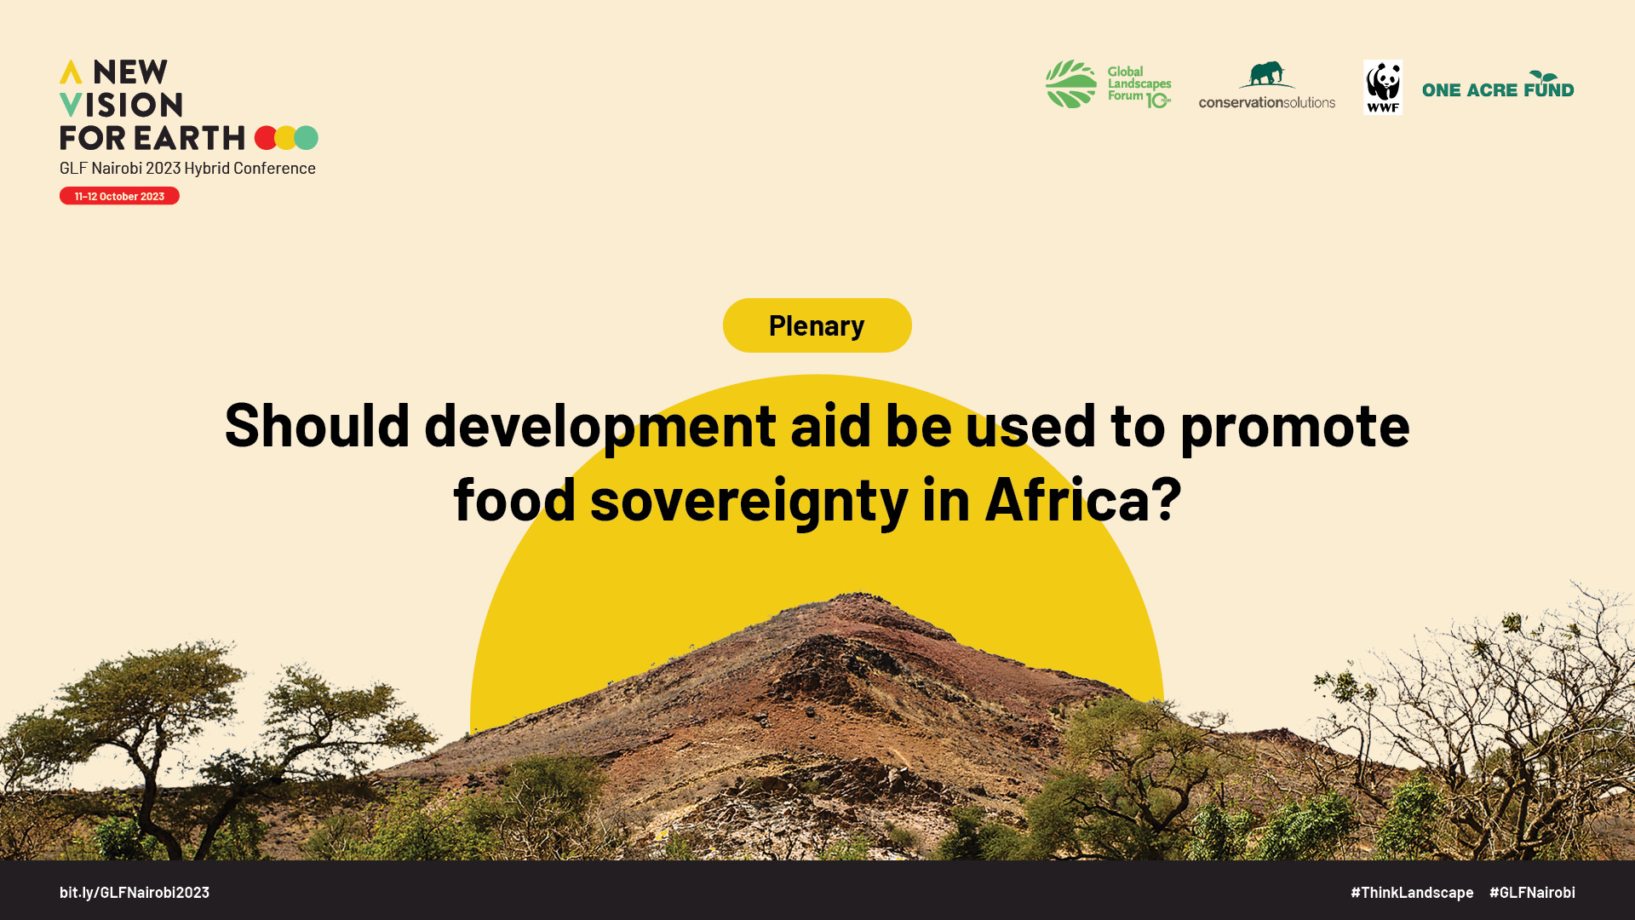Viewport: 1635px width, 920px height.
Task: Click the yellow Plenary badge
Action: (817, 325)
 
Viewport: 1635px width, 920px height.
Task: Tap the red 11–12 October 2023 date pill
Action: (119, 196)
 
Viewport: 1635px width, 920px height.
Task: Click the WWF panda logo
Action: (1383, 87)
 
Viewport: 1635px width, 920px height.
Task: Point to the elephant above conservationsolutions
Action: (1267, 74)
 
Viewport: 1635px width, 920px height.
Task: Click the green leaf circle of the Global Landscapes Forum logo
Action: (1071, 83)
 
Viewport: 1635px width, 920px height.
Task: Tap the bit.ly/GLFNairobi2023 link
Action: (135, 892)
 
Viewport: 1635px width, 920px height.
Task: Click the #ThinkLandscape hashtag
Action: (1412, 892)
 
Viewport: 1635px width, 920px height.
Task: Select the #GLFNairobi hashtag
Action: (1532, 892)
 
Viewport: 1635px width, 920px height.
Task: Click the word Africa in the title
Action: (1067, 498)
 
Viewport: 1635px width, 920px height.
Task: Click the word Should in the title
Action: (318, 423)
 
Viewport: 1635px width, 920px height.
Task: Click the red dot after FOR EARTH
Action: (266, 138)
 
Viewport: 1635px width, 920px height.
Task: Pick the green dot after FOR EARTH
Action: (307, 138)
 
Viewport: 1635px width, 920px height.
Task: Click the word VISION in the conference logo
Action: (121, 105)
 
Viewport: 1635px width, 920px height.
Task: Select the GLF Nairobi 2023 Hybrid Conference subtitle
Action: (187, 168)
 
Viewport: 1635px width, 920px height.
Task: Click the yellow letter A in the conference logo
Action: (71, 72)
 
